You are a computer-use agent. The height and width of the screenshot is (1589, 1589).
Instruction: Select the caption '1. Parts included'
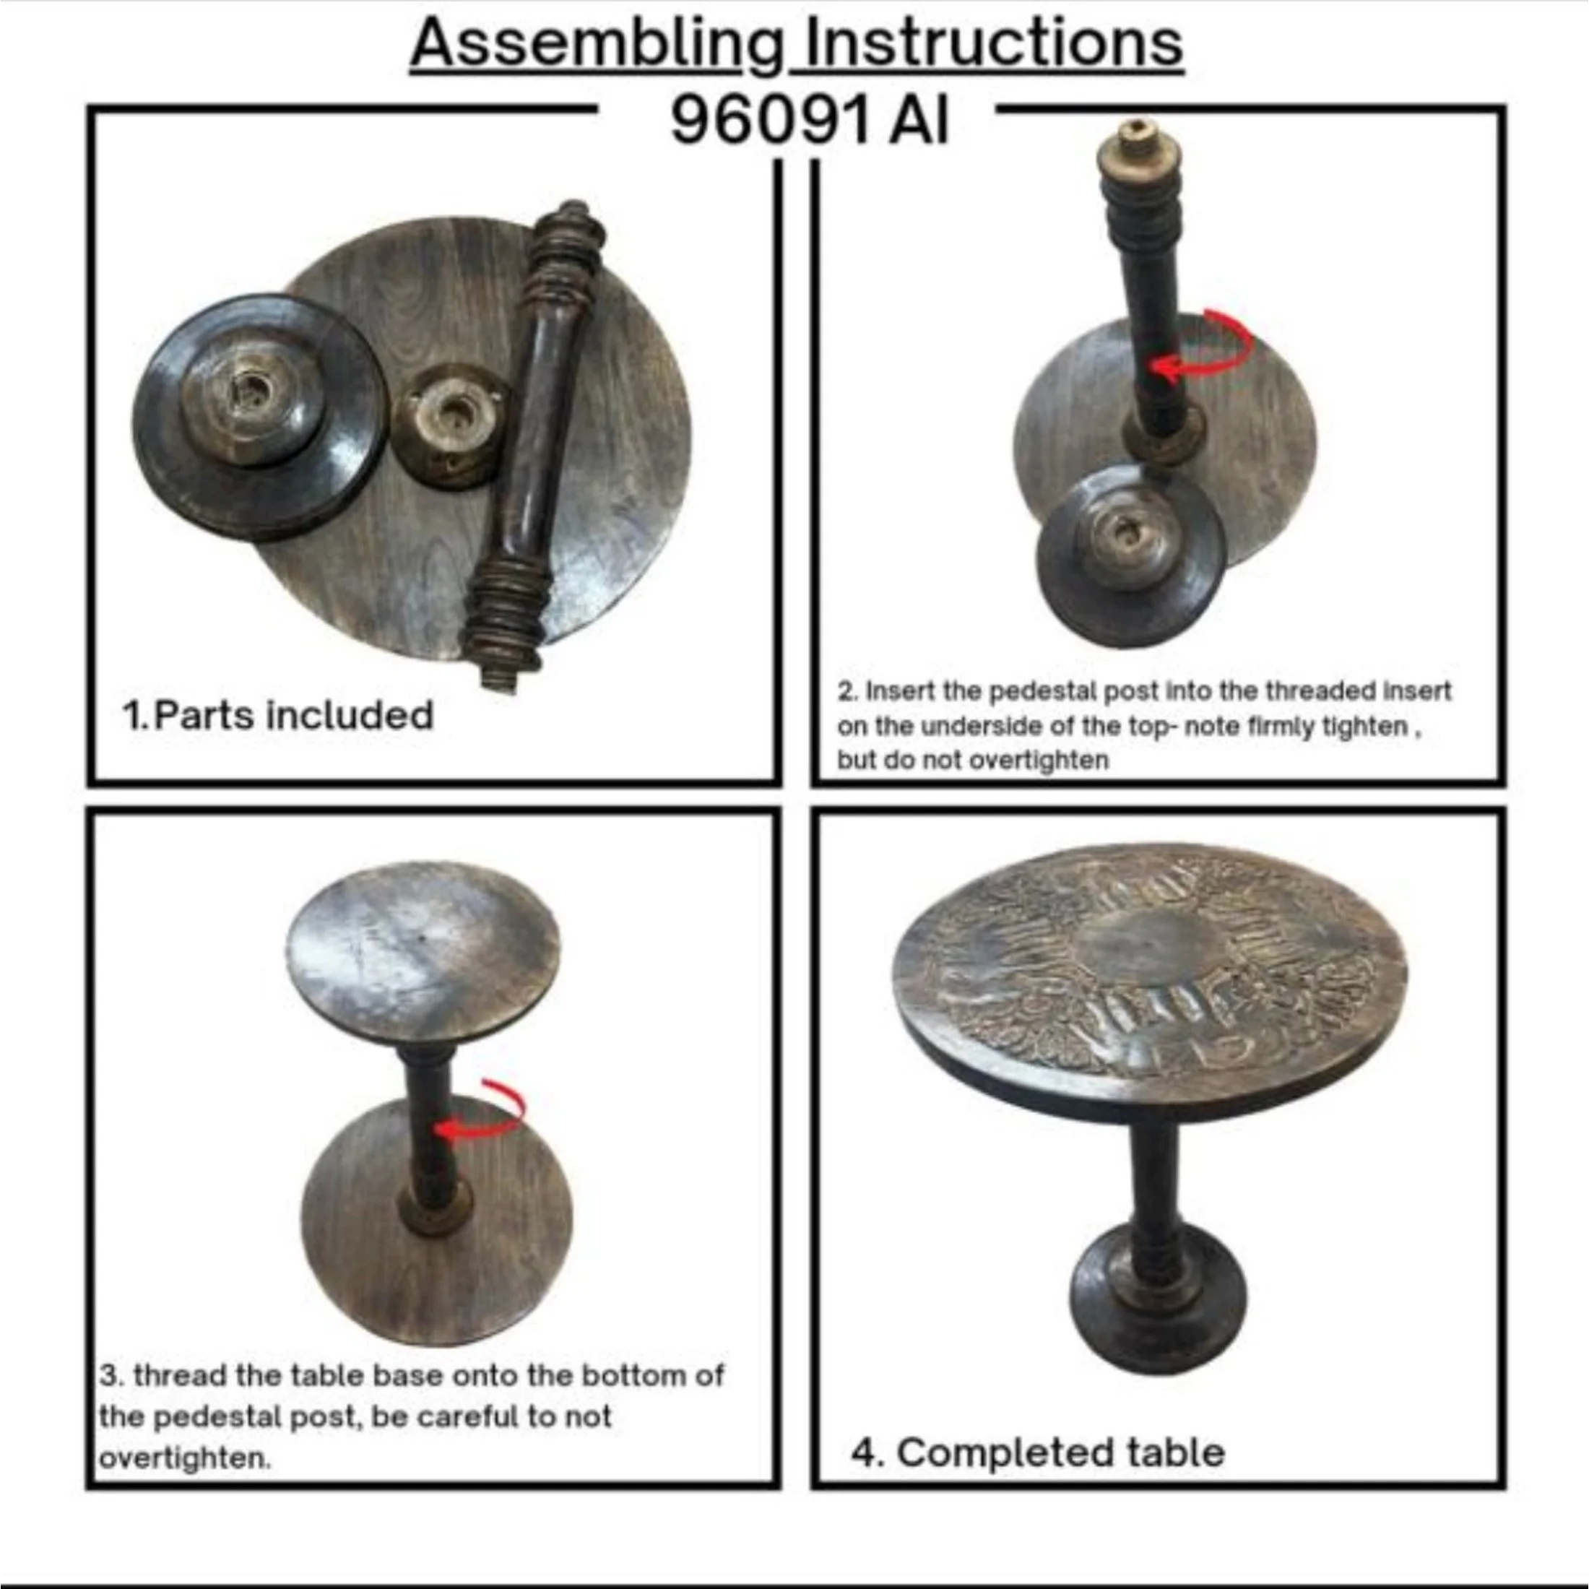tap(278, 715)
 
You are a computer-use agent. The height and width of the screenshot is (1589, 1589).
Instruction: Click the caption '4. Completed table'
tap(1038, 1452)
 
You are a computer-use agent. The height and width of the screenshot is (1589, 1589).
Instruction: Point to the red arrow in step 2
tap(1226, 339)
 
